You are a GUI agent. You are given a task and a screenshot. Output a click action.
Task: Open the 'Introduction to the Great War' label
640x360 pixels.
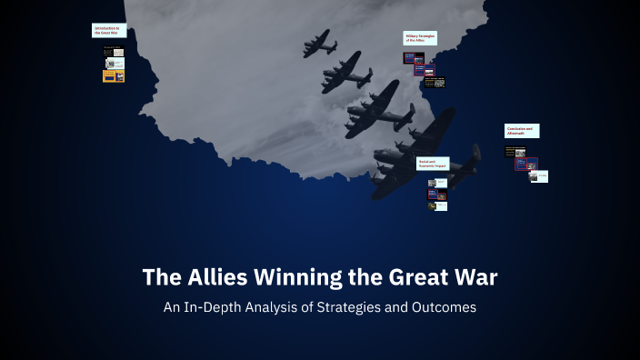point(107,30)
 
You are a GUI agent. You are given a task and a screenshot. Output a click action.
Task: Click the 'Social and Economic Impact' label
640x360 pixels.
point(432,164)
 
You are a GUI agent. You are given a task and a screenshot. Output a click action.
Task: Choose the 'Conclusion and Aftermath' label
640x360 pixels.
point(522,131)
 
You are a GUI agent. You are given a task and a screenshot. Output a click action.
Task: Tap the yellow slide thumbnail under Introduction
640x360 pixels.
point(114,76)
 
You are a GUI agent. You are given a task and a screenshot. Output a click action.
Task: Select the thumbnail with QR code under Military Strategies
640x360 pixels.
point(439,83)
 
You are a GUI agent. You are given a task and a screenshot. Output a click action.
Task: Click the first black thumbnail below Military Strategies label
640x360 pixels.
point(413,57)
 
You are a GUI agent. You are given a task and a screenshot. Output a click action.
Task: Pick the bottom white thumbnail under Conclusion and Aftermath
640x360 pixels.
point(541,176)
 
